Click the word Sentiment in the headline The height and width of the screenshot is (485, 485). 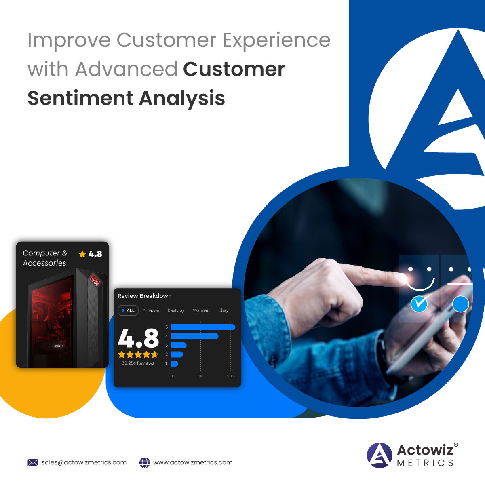tap(80, 98)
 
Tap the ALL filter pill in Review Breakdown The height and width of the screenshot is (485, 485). tap(128, 310)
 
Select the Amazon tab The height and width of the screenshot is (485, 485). tap(151, 310)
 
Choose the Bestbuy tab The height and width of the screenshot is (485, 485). tap(176, 310)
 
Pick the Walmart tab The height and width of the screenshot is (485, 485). tap(201, 310)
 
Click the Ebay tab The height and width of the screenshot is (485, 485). tap(223, 310)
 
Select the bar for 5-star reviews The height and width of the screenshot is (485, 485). tap(203, 327)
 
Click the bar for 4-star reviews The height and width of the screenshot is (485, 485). tap(194, 336)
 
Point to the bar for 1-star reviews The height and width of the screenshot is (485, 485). tap(175, 363)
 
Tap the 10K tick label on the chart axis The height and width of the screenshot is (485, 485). tap(200, 376)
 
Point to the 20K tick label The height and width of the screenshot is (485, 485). tap(230, 376)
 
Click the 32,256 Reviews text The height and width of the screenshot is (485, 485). tap(138, 363)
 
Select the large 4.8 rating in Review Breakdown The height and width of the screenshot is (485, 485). tap(138, 338)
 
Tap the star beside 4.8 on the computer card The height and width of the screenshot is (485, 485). tap(82, 254)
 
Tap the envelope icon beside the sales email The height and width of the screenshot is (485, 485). tap(33, 463)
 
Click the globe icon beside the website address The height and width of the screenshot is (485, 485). tap(144, 463)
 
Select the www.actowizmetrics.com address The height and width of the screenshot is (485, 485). tap(193, 462)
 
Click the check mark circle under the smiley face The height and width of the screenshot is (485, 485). tap(419, 304)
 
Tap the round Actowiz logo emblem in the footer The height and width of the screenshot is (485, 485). tap(380, 455)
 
